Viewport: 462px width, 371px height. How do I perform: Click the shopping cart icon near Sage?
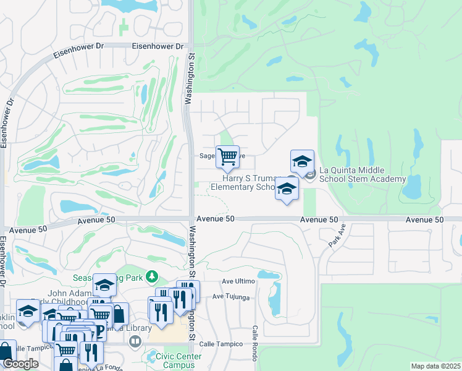[x=227, y=156]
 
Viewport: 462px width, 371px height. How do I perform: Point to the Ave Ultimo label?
[x=238, y=281]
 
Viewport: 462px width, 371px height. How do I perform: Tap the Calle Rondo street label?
[x=254, y=343]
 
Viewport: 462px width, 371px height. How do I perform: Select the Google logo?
[x=20, y=364]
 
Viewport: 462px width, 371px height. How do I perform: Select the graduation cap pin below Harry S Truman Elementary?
[x=287, y=188]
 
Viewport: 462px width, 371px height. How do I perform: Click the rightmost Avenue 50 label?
[x=425, y=220]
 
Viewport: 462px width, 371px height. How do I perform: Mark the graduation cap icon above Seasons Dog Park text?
[x=104, y=284]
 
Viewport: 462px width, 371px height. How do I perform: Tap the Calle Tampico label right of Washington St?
[x=232, y=343]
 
